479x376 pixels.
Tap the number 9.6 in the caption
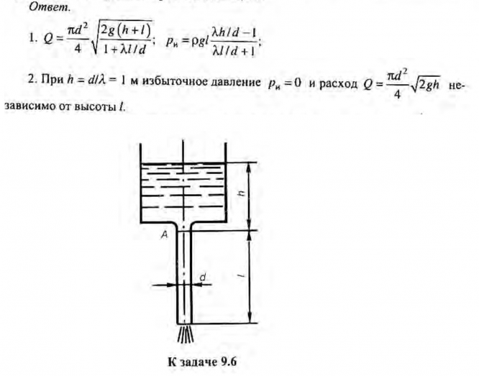click(x=227, y=361)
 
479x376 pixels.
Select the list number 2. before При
click(x=31, y=91)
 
